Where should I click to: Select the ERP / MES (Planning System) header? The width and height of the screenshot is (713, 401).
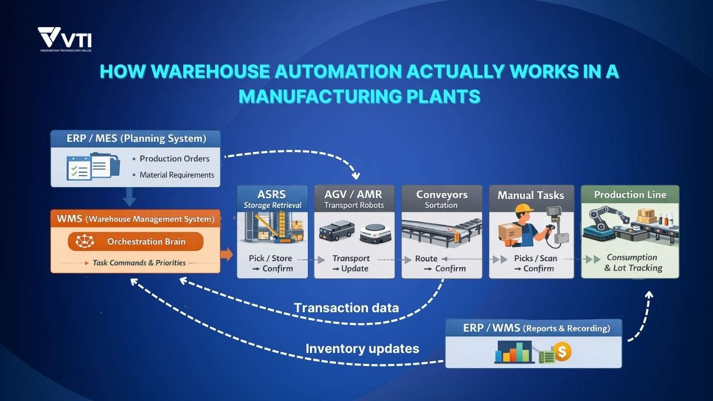pyautogui.click(x=136, y=139)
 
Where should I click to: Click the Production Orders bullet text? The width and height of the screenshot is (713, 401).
pyautogui.click(x=174, y=159)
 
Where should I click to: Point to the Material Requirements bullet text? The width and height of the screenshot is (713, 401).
pyautogui.click(x=176, y=175)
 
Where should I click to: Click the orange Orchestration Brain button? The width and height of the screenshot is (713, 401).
pyautogui.click(x=135, y=242)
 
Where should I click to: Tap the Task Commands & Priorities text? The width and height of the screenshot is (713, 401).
pyautogui.click(x=139, y=263)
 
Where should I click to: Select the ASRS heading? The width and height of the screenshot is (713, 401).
pyautogui.click(x=272, y=195)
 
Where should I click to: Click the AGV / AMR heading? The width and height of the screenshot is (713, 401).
pyautogui.click(x=353, y=194)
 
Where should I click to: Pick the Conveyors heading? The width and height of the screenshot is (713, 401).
pyautogui.click(x=442, y=195)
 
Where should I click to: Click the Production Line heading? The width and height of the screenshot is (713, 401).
pyautogui.click(x=630, y=195)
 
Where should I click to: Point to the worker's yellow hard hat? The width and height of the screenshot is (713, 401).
pyautogui.click(x=524, y=209)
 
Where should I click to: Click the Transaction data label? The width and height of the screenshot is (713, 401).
pyautogui.click(x=346, y=308)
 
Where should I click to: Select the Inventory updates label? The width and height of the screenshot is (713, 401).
pyautogui.click(x=362, y=348)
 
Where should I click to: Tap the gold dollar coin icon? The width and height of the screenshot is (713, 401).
pyautogui.click(x=562, y=352)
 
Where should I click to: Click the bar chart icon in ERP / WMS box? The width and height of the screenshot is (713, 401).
pyautogui.click(x=514, y=352)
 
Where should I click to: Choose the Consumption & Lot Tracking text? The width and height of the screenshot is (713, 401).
pyautogui.click(x=633, y=263)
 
